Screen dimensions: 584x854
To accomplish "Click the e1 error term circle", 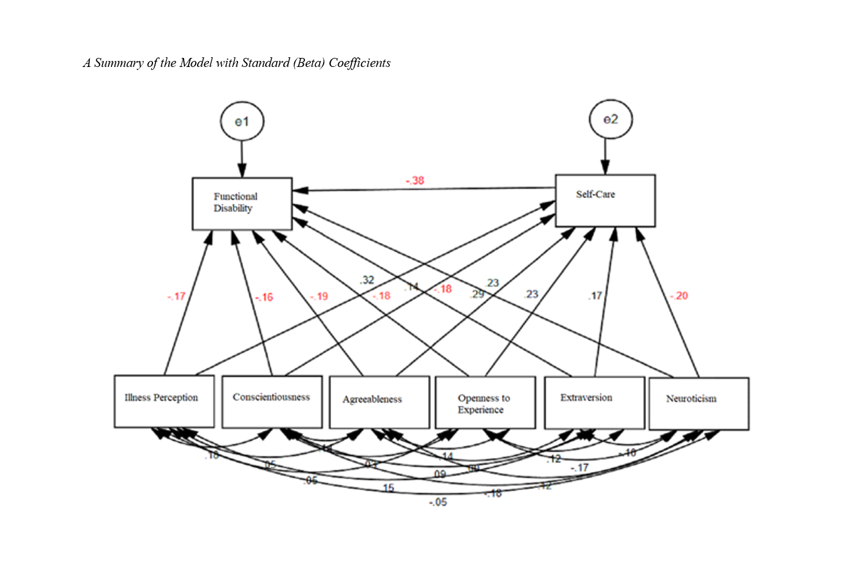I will (242, 121).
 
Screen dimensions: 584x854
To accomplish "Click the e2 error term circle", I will (611, 119).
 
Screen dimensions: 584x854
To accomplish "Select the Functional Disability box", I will (242, 203).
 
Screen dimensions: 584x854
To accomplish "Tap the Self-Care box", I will (605, 201).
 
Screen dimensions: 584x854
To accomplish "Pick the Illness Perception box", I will (164, 401).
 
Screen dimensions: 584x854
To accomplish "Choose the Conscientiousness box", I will (271, 402).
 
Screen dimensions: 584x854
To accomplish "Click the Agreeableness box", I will (379, 402).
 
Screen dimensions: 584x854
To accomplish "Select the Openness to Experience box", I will (485, 403).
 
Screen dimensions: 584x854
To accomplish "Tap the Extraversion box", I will (594, 402).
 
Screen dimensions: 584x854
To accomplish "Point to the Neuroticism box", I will (699, 404).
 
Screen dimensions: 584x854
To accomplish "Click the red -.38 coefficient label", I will (415, 180).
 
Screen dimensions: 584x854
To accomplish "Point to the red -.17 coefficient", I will (176, 296).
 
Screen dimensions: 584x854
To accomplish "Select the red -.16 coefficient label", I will (264, 297).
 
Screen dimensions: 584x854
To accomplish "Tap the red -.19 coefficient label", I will (319, 296).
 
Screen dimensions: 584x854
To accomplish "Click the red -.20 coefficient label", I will (679, 296).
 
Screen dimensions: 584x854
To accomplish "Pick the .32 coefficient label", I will (367, 280).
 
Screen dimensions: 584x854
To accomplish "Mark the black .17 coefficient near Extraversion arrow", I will (595, 296).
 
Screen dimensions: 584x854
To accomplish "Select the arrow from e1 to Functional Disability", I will (242, 159).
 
